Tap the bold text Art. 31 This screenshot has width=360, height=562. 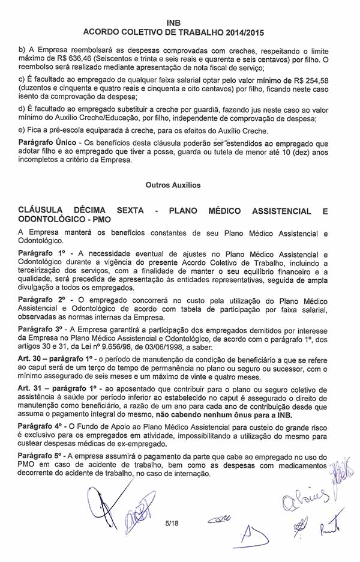coord(29,389)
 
